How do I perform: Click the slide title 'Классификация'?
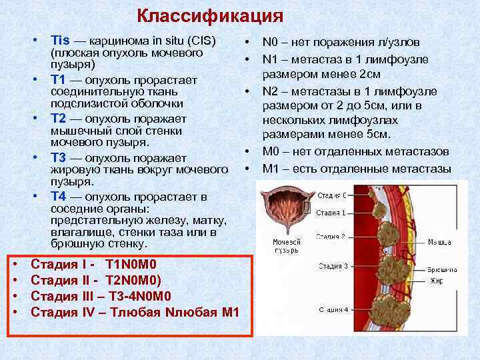(x=210, y=15)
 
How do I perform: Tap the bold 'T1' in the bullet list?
(x=58, y=80)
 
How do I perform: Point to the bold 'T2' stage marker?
(x=58, y=119)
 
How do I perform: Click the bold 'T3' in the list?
(x=58, y=157)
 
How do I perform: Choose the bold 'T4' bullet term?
(x=58, y=197)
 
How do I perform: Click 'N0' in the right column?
(x=271, y=42)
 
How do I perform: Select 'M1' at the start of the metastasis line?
(x=271, y=168)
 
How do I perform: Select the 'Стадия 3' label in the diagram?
(x=331, y=266)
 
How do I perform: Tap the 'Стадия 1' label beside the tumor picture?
(x=331, y=213)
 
